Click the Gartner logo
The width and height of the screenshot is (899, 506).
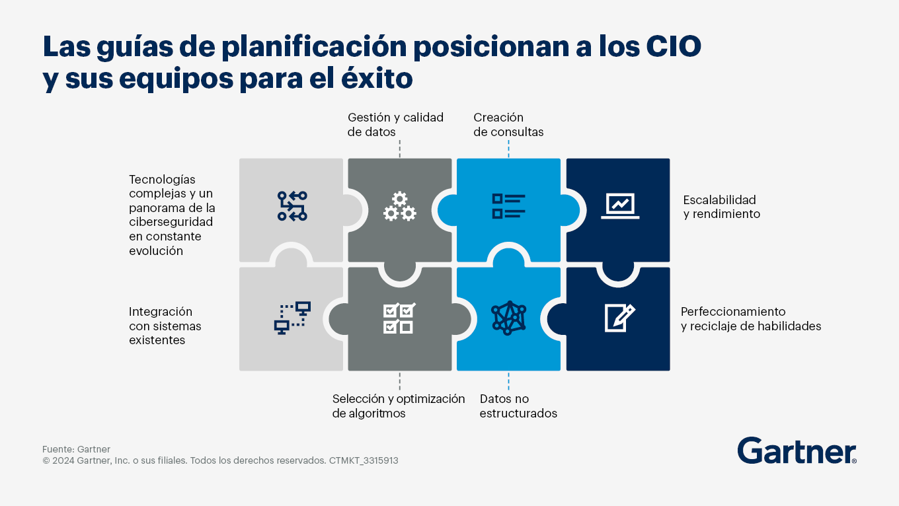[x=797, y=451]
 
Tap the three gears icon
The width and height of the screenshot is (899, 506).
[x=400, y=207]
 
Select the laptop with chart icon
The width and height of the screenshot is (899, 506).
[x=620, y=206]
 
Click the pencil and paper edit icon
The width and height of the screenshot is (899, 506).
[x=619, y=318]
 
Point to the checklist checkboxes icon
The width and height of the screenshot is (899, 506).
[x=399, y=318]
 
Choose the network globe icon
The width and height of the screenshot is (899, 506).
[x=508, y=318]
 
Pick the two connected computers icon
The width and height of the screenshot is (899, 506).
[x=292, y=318]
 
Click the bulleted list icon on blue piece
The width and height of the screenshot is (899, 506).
[x=508, y=206]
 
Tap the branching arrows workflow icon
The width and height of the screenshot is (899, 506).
[x=292, y=206]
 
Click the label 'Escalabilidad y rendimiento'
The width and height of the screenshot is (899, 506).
[x=722, y=207]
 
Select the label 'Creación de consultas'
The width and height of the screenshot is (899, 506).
[x=508, y=125]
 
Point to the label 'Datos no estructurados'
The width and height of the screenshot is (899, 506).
[x=518, y=406]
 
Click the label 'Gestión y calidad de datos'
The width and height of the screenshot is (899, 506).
[x=395, y=125]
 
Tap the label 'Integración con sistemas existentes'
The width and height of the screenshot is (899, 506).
[x=165, y=326]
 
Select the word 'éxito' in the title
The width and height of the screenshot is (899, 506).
[x=377, y=78]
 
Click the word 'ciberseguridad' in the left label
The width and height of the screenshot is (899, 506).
[x=171, y=222]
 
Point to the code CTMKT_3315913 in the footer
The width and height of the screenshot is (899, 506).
[x=364, y=460]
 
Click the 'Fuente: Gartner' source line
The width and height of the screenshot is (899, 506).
[x=76, y=449]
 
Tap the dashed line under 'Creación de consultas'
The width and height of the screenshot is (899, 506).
[x=508, y=149]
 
